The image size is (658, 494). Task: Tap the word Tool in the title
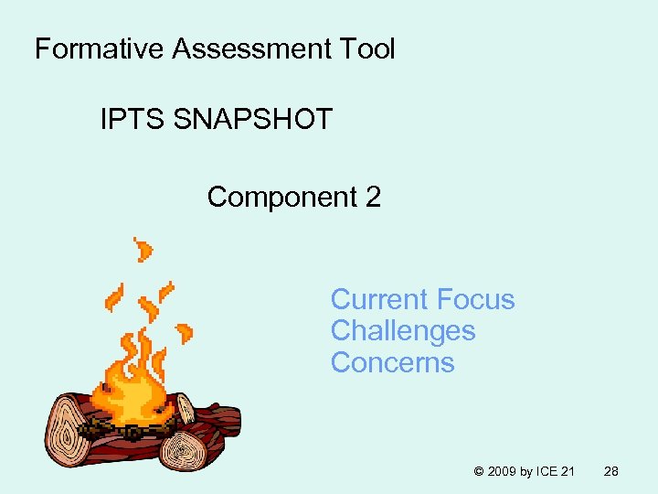pyautogui.click(x=367, y=49)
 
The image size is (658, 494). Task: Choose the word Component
pyautogui.click(x=282, y=198)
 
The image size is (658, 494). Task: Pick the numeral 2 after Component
pyautogui.click(x=373, y=197)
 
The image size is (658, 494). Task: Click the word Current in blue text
pyautogui.click(x=379, y=300)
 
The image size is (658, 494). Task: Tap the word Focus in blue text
pyautogui.click(x=476, y=300)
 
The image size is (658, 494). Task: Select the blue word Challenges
pyautogui.click(x=403, y=331)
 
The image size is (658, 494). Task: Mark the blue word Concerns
pyautogui.click(x=392, y=363)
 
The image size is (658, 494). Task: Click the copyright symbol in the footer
pyautogui.click(x=479, y=472)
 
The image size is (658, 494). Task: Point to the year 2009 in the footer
pyautogui.click(x=504, y=472)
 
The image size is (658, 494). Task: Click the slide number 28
pyautogui.click(x=611, y=472)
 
